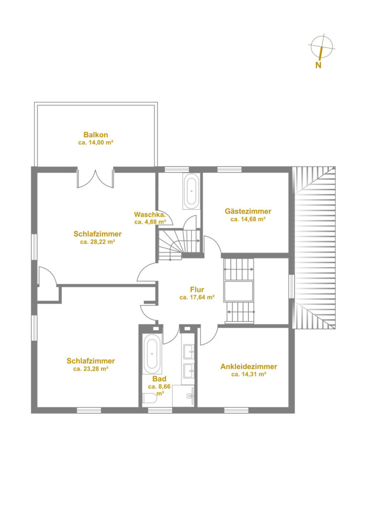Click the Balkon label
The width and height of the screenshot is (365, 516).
[96, 135]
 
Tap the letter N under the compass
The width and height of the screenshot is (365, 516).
[318, 65]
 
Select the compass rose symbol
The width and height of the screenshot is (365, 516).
[321, 46]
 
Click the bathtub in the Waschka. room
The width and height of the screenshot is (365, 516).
[191, 192]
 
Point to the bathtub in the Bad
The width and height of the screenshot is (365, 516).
[152, 354]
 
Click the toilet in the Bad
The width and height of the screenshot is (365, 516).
[149, 398]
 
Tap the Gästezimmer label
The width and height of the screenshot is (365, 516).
[248, 211]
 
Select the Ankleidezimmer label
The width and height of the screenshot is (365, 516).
[249, 366]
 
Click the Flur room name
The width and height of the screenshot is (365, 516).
[197, 290]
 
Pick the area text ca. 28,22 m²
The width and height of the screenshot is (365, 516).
[98, 242]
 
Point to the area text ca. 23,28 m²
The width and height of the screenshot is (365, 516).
[91, 369]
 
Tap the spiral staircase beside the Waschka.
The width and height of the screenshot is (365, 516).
[179, 245]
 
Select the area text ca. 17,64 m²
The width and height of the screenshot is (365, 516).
[197, 297]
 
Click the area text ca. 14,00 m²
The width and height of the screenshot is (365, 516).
[96, 142]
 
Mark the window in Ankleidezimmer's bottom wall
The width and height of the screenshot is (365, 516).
[236, 410]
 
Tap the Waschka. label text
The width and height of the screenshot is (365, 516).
[150, 215]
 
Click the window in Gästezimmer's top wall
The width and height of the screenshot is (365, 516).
[230, 170]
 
